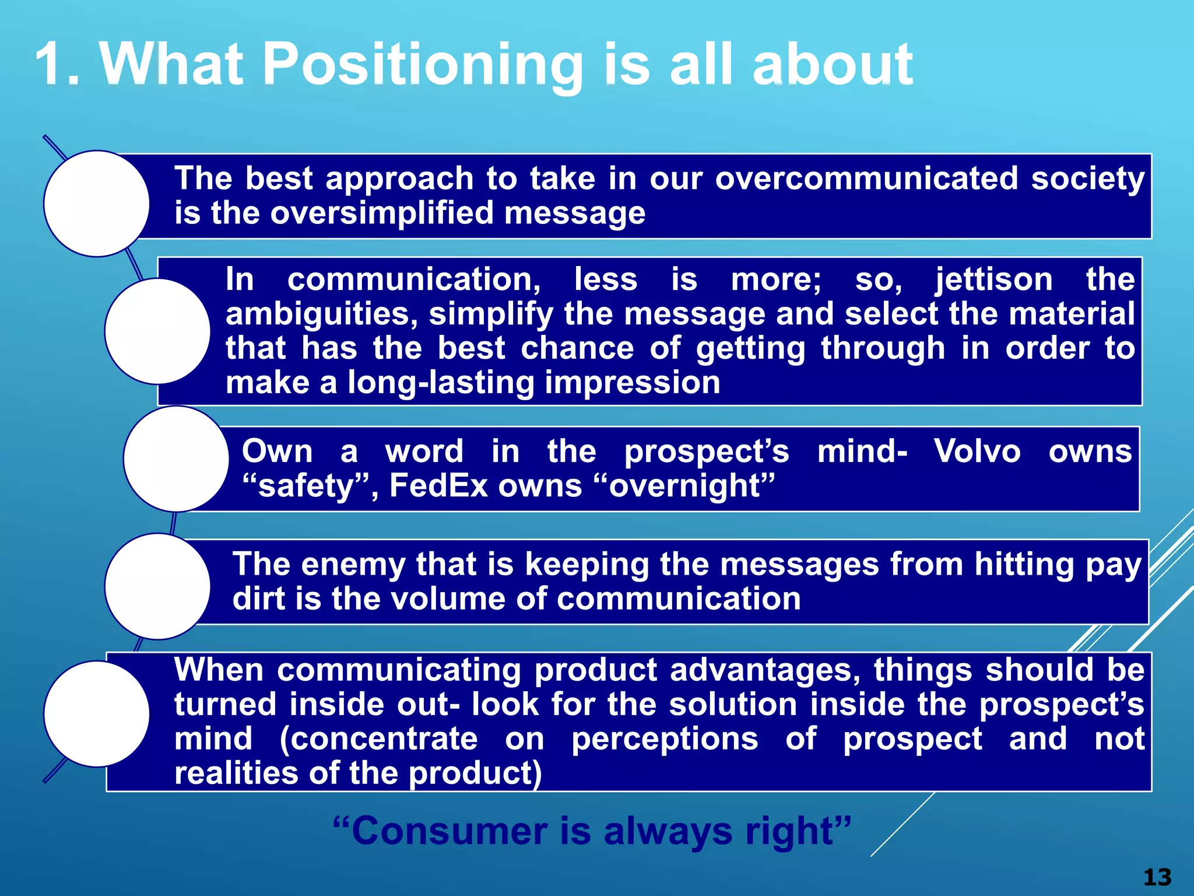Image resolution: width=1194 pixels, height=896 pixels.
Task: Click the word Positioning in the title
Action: [423, 65]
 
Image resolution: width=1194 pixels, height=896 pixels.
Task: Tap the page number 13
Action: [1157, 877]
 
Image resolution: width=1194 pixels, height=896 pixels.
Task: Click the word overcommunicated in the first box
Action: [866, 178]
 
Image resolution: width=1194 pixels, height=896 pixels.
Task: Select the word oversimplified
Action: [381, 213]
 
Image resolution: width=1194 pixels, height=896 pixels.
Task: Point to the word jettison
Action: [994, 279]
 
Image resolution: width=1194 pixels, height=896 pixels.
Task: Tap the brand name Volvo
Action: [977, 452]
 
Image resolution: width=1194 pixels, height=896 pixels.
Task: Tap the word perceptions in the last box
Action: [665, 739]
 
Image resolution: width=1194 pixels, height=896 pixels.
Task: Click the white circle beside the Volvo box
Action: [176, 459]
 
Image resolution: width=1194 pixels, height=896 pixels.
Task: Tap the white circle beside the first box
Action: [97, 204]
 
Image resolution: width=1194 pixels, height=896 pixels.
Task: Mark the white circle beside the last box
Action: [97, 713]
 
